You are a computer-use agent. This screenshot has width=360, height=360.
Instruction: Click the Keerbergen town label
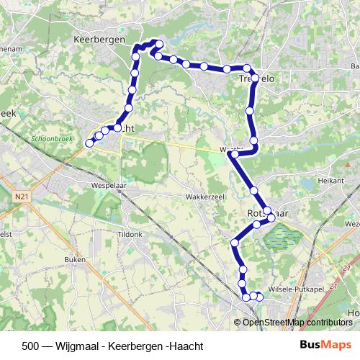pyautogui.click(x=99, y=40)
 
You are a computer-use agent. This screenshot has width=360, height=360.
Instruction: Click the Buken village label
pyautogui.click(x=75, y=259)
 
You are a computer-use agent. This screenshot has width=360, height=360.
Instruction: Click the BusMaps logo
pyautogui.click(x=325, y=345)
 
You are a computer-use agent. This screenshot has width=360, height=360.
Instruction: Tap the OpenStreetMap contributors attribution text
pyautogui.click(x=297, y=323)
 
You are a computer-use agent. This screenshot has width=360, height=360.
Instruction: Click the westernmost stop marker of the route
pyautogui.click(x=90, y=143)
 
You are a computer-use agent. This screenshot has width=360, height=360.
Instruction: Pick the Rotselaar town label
pyautogui.click(x=258, y=214)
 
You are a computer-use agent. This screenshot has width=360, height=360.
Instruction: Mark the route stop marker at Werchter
pyautogui.click(x=234, y=154)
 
